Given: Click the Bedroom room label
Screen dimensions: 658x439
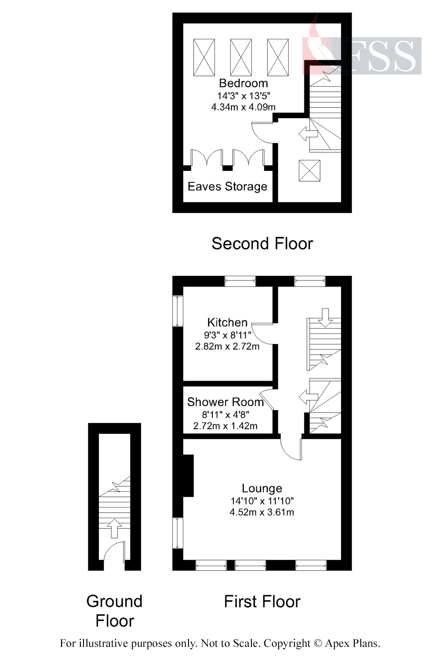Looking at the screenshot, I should pyautogui.click(x=243, y=83).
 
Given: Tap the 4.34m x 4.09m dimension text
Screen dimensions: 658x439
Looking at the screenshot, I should pyautogui.click(x=243, y=107).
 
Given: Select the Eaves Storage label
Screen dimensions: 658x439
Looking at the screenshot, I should pyautogui.click(x=227, y=187).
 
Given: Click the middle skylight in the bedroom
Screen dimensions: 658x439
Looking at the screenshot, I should pyautogui.click(x=241, y=57).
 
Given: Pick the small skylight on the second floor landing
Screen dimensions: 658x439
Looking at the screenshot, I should pyautogui.click(x=309, y=171).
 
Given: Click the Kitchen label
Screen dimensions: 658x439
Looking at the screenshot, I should pyautogui.click(x=227, y=323).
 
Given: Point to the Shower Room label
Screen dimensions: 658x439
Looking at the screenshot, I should pyautogui.click(x=225, y=402).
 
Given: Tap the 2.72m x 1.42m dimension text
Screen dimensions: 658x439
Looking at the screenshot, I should pyautogui.click(x=225, y=426).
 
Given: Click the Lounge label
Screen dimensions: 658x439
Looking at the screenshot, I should pyautogui.click(x=262, y=488).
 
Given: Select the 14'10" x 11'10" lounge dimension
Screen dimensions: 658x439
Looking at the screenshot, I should pyautogui.click(x=262, y=500).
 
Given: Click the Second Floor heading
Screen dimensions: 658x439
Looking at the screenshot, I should pyautogui.click(x=262, y=244).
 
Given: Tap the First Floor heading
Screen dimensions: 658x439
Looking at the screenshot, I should pyautogui.click(x=262, y=602).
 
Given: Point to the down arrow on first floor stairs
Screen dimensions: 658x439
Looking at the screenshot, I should pyautogui.click(x=325, y=318).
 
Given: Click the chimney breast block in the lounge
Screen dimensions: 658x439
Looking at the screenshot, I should pyautogui.click(x=188, y=476).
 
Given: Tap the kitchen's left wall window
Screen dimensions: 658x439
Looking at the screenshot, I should pyautogui.click(x=178, y=311).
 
